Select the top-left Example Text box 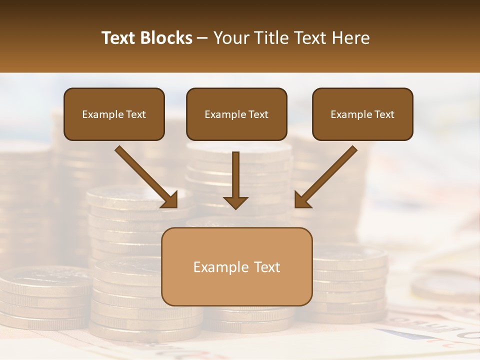pyautogui.click(x=114, y=114)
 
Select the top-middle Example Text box pyautogui.click(x=236, y=114)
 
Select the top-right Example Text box pyautogui.click(x=362, y=114)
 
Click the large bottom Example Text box pyautogui.click(x=236, y=266)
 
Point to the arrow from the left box pyautogui.click(x=145, y=176)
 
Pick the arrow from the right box pyautogui.click(x=327, y=176)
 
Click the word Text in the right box pyautogui.click(x=384, y=114)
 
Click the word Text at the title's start pyautogui.click(x=120, y=38)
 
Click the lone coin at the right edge pyautogui.click(x=447, y=287)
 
